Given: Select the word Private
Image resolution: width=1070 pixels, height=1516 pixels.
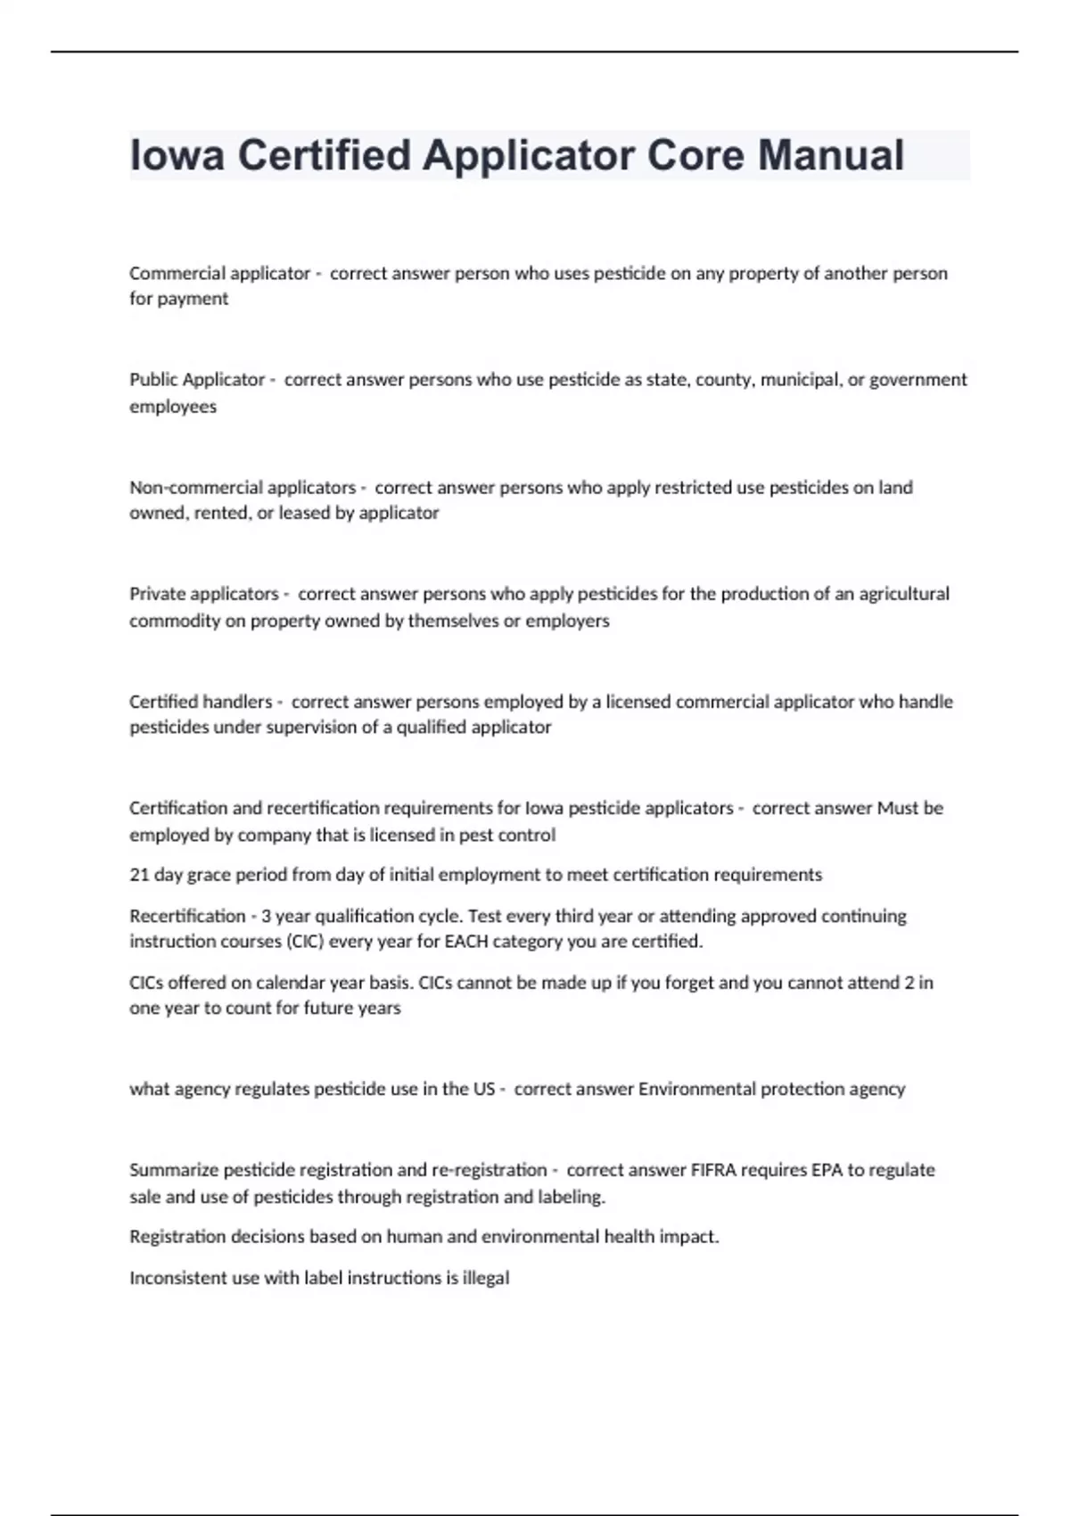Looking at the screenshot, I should [x=159, y=594].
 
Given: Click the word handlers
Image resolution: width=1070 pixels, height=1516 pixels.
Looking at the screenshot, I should [x=236, y=702].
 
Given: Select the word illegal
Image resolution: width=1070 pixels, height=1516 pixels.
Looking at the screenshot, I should [x=486, y=1278].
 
